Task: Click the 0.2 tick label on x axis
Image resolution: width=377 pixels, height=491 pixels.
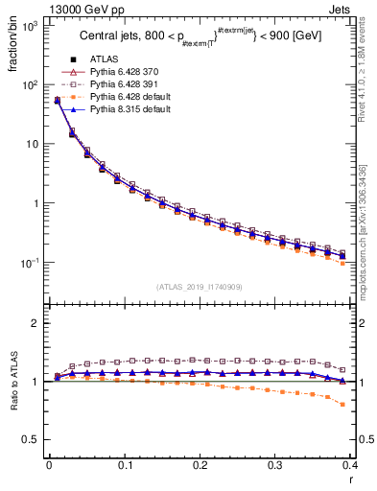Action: point(200,466)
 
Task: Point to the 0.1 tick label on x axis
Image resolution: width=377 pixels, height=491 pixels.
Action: point(125,466)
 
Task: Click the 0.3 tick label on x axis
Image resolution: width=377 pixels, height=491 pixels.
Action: point(276,466)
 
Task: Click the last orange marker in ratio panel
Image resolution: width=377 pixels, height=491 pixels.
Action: point(370,405)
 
